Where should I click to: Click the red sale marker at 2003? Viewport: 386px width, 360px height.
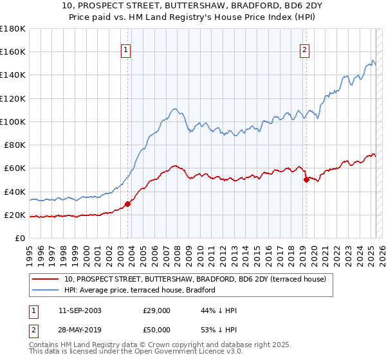pos(127,204)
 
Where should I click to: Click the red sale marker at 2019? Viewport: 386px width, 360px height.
pos(306,180)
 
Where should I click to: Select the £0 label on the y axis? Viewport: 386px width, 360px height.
pos(19,239)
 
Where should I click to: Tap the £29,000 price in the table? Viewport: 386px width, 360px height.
pos(157,310)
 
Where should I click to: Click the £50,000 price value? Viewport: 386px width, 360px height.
pos(157,331)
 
